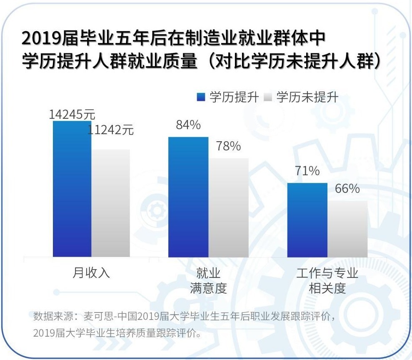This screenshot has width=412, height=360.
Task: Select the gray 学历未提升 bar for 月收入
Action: (111, 203)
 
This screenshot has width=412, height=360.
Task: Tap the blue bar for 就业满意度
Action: (188, 197)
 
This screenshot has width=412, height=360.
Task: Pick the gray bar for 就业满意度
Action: (228, 207)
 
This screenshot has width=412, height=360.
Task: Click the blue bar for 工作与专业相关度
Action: (307, 220)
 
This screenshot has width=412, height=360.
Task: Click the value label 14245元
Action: (72, 114)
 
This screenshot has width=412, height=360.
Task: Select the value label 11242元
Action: (110, 130)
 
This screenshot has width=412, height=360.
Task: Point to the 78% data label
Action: (228, 146)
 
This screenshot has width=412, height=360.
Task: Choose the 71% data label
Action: (307, 171)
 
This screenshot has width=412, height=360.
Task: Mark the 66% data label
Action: (347, 189)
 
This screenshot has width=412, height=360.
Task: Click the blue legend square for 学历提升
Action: (201, 97)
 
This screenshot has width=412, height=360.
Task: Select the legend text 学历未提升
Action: (307, 97)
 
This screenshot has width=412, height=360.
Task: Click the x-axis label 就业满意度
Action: (208, 280)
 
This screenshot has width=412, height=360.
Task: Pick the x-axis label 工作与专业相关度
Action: (327, 280)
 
